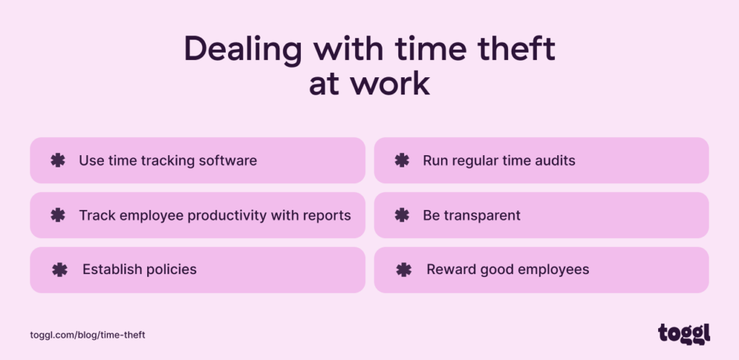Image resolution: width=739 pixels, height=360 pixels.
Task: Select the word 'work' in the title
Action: [x=395, y=84]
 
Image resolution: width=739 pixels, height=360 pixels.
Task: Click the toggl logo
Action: [x=683, y=333]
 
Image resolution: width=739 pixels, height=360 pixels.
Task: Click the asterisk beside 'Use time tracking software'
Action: [x=58, y=160]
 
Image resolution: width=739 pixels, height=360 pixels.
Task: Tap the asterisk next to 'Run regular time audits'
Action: [x=402, y=160]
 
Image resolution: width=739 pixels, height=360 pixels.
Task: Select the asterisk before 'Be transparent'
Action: [x=402, y=215]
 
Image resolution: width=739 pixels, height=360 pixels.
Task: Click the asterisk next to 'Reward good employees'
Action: [x=403, y=270]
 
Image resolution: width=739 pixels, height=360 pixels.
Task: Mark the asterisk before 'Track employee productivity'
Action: [x=58, y=215]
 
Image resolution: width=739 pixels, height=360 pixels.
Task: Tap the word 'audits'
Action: [x=554, y=160]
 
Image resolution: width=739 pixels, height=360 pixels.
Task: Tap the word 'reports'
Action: [x=328, y=215]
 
